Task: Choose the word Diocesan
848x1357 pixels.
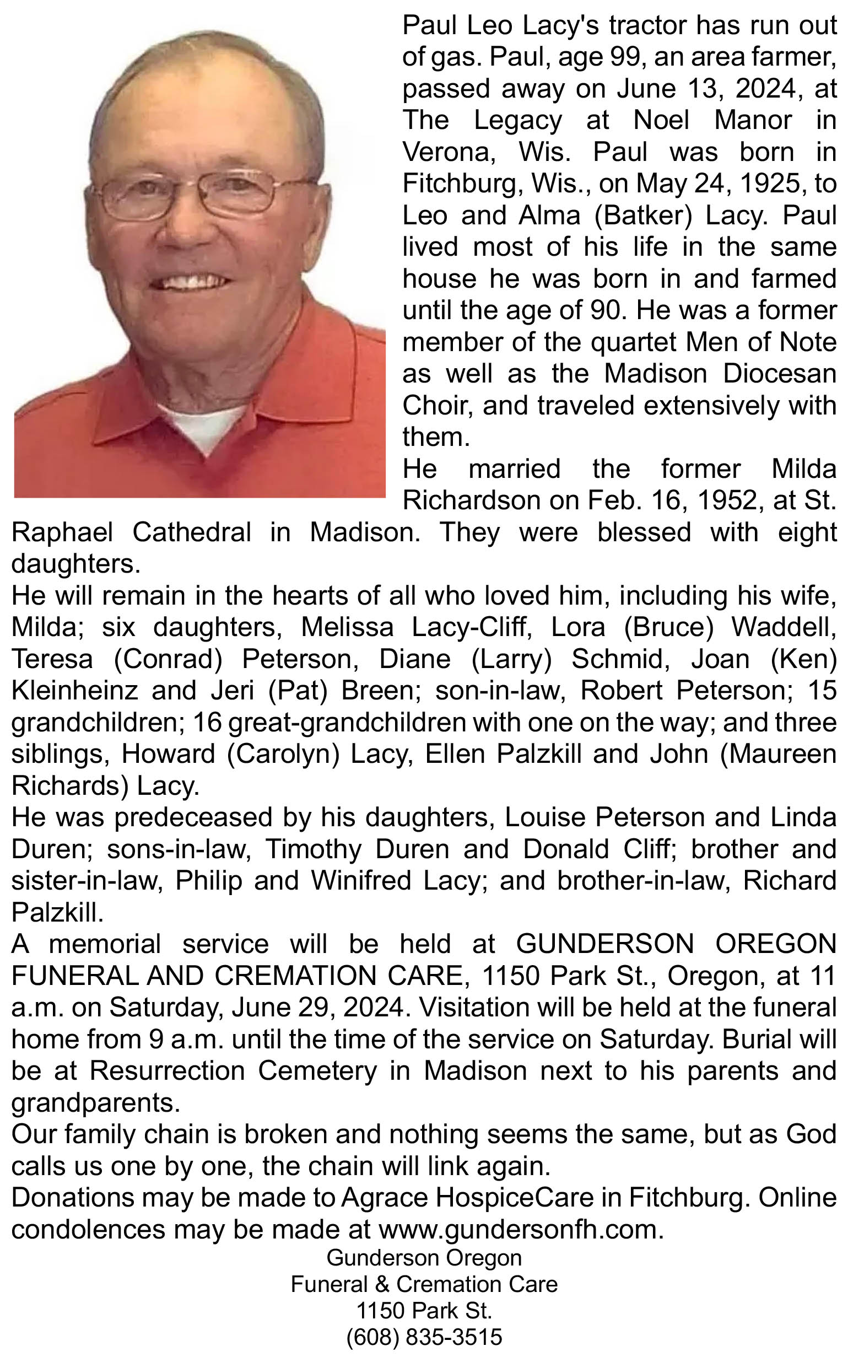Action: (780, 374)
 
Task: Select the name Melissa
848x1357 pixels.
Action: (347, 628)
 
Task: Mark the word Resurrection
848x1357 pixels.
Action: (167, 1071)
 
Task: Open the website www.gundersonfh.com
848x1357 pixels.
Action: (521, 1230)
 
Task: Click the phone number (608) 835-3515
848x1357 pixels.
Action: (424, 1337)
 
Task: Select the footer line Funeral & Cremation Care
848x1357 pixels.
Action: (424, 1285)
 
